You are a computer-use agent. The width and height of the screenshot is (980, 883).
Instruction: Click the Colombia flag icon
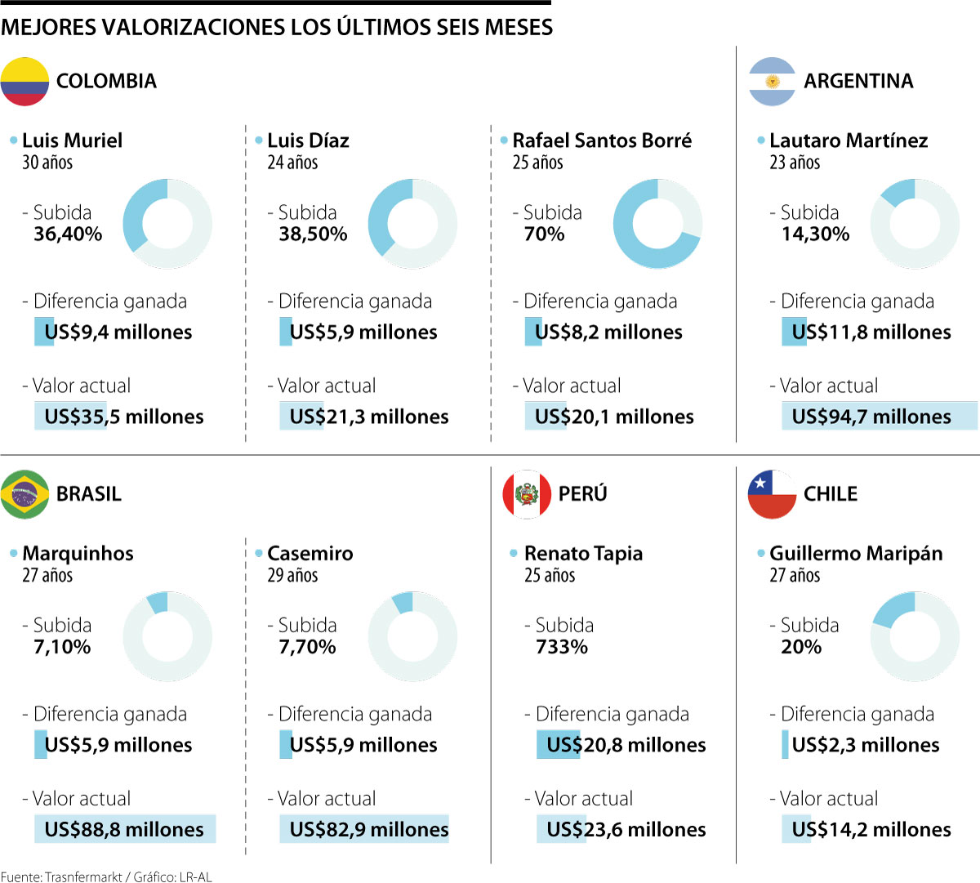(24, 82)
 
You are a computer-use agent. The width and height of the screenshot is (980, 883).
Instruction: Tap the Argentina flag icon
(772, 82)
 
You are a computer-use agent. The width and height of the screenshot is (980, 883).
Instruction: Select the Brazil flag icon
(24, 494)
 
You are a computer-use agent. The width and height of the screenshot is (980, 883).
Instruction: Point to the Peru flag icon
(527, 494)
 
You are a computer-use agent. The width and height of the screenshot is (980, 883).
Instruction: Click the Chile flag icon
(772, 494)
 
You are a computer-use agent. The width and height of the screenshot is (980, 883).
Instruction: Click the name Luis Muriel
(72, 140)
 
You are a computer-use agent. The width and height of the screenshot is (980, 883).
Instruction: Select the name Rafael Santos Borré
(602, 140)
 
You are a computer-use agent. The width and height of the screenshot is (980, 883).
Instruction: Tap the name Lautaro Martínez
(849, 140)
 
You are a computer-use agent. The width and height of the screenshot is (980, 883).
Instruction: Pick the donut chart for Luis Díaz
(412, 224)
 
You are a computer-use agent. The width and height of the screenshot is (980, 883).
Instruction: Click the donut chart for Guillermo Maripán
(915, 636)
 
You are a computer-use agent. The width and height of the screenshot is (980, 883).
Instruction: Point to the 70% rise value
(544, 234)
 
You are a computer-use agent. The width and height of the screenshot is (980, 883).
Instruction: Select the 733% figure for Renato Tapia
(562, 647)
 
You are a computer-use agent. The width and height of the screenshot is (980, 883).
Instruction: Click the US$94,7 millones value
(871, 417)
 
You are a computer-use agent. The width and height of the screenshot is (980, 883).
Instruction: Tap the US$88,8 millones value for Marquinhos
(124, 829)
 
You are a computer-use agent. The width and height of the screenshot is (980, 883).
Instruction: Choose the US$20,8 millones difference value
(626, 745)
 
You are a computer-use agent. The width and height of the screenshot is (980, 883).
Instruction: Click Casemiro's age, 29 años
(292, 575)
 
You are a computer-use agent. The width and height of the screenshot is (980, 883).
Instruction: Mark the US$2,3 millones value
(866, 745)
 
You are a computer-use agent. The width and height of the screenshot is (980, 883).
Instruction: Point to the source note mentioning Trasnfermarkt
(106, 876)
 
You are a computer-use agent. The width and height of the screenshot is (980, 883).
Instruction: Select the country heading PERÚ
(582, 494)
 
